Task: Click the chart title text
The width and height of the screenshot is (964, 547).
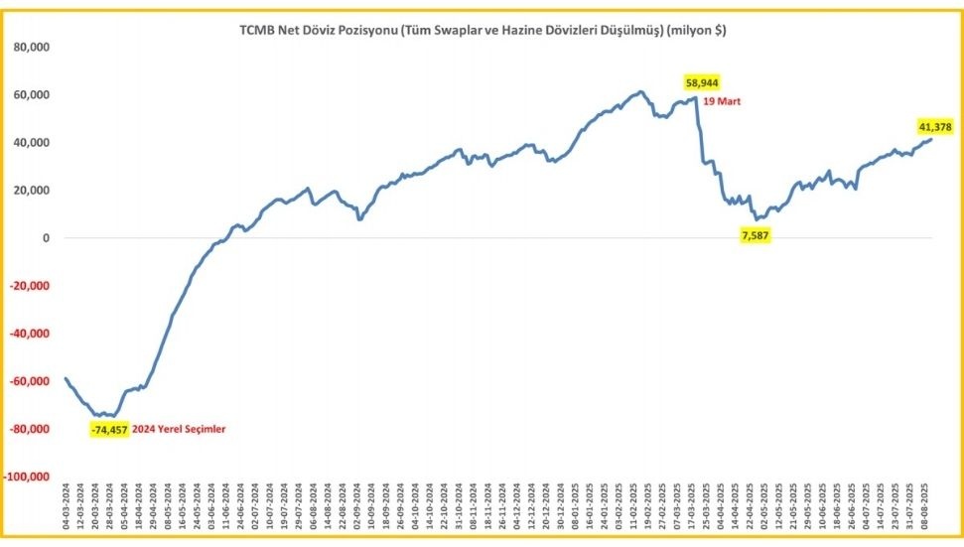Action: pos(482,31)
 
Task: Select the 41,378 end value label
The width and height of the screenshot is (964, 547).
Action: pos(934,126)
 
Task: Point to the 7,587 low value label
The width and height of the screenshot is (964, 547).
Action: pos(760,235)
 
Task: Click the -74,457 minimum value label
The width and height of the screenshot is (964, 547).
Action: pos(108,429)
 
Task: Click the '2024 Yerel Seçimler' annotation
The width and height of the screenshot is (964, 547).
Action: pos(179,429)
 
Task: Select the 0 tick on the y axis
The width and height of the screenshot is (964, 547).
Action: pos(46,238)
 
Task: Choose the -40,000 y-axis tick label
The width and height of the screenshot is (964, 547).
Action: pos(30,334)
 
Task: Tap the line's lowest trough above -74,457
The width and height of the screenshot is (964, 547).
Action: pos(112,416)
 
